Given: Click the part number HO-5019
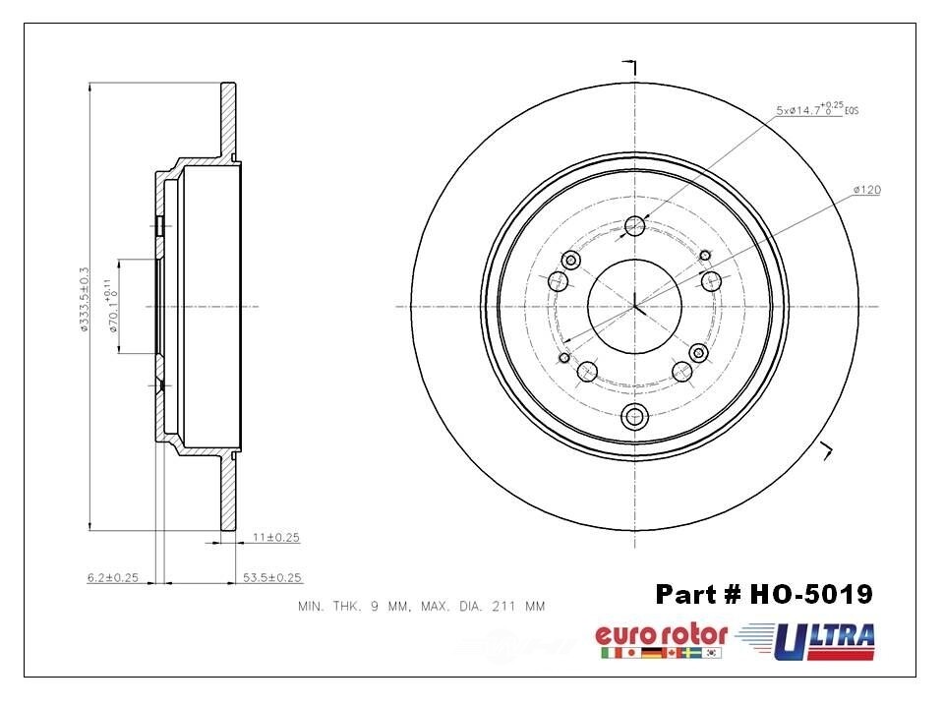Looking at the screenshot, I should click(763, 594).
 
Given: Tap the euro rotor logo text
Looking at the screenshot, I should click(661, 634).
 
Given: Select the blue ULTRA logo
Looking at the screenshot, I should click(824, 641).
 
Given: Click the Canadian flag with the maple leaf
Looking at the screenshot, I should click(672, 653).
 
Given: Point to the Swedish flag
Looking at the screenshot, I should click(692, 653).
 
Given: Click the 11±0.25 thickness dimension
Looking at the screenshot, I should click(276, 538).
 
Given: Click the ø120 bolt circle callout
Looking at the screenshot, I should click(866, 189).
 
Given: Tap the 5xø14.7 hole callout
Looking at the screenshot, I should click(816, 109).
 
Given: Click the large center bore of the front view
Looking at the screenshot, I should click(634, 305).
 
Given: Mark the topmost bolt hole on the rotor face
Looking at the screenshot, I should click(634, 226).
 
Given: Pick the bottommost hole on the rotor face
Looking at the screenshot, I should click(634, 416).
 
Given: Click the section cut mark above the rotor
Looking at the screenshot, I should click(630, 67).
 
